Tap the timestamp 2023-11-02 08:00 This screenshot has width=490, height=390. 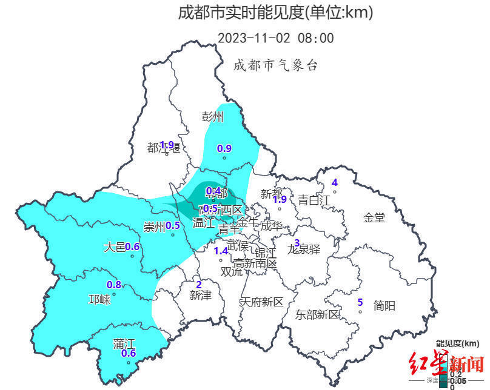point(275,38)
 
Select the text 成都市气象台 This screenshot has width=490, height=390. point(275,65)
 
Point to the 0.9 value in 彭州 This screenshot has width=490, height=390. point(224,148)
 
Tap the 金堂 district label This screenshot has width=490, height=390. point(374,217)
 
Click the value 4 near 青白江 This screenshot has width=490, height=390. point(334,183)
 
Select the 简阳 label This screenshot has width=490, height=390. point(384,306)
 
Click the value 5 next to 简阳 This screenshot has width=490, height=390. point(360,302)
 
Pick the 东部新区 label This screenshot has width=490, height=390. point(317,314)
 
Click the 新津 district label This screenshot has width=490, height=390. point(200,295)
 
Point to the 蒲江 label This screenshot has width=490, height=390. point(124,343)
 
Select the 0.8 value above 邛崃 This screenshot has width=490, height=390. point(114,285)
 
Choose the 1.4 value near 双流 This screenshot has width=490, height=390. point(221,251)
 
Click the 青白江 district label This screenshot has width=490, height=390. point(314,199)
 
